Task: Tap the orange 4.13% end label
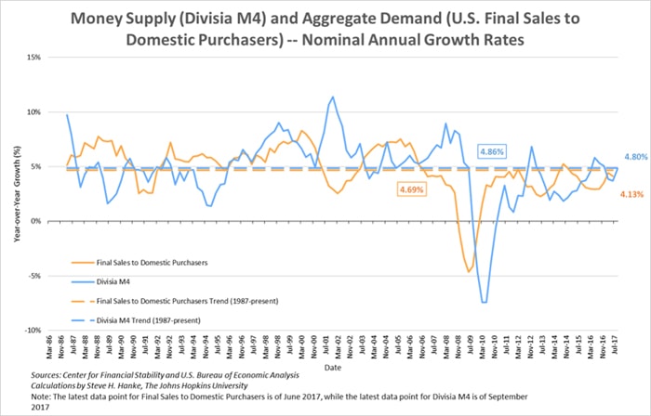click(x=632, y=193)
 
